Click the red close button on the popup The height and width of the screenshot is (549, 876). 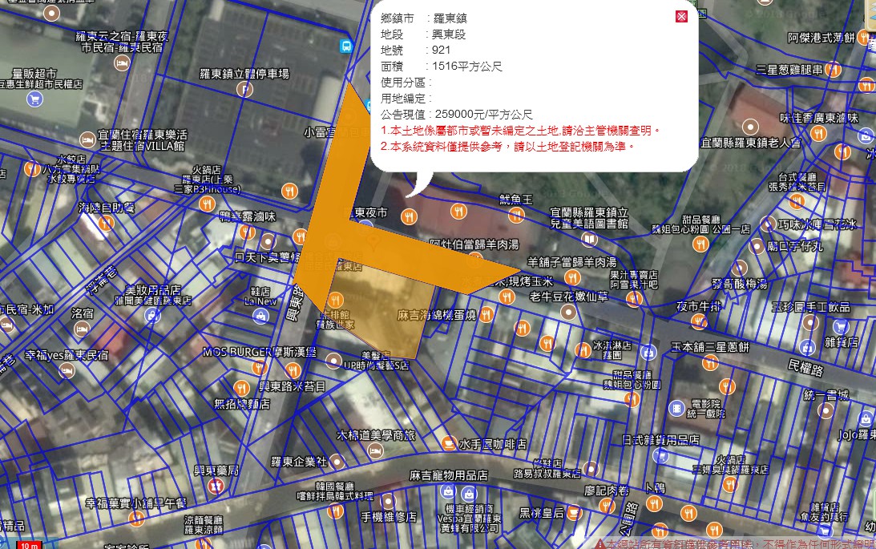[x=681, y=17]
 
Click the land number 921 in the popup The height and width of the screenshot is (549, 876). [x=442, y=50]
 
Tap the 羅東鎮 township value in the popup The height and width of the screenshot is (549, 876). [x=450, y=18]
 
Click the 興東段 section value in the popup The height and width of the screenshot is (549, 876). [x=449, y=34]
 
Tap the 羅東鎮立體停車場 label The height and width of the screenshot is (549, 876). [x=244, y=74]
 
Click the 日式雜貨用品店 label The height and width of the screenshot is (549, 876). [x=660, y=440]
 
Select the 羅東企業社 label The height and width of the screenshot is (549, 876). [x=299, y=462]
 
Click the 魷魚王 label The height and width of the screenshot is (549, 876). [x=515, y=199]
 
